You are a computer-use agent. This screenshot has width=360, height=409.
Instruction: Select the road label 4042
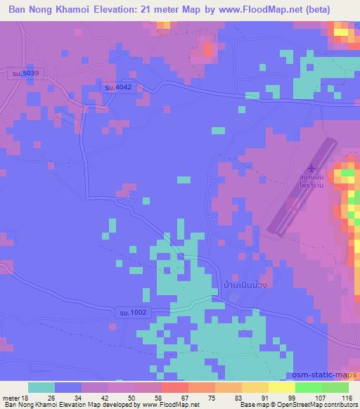coord(115,87)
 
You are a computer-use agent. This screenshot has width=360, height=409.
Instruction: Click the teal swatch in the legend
coord(41,387)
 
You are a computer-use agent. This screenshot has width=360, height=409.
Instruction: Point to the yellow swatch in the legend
coord(283,387)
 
